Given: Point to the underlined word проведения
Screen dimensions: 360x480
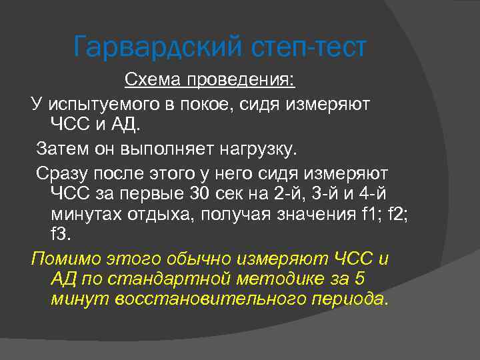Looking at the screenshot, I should pos(241,81).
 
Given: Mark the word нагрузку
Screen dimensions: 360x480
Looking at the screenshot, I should pos(255,147).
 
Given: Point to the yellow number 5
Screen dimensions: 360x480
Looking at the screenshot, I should pos(359,278).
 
